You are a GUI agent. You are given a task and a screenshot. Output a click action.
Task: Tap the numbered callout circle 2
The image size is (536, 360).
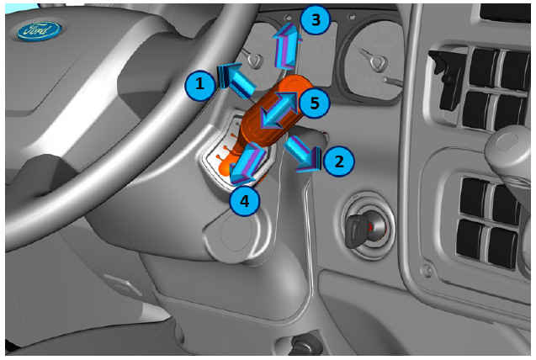pos(338,161)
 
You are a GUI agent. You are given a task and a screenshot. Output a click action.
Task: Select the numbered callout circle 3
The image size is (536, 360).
pos(316,19)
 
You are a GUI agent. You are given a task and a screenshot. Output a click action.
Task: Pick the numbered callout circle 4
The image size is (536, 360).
pos(245,201)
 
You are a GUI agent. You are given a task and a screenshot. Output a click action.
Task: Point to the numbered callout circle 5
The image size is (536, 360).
pos(314,103)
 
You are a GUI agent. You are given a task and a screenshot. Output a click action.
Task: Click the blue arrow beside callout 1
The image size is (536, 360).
pos(236,79)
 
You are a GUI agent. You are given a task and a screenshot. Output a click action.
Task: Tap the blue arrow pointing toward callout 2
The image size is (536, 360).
pos(303,153)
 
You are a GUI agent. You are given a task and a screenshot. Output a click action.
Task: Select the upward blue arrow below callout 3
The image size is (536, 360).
pos(288,45)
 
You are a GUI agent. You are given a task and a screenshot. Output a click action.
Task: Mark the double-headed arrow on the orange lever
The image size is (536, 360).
pos(279,110)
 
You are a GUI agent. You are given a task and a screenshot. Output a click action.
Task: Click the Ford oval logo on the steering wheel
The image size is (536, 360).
pos(40,31)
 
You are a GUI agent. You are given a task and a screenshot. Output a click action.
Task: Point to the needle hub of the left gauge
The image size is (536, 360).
pos(254,61)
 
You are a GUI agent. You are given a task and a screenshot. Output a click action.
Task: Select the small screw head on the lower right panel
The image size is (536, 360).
pos(427,271)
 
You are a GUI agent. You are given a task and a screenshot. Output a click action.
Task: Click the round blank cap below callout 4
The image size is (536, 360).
pos(236,235)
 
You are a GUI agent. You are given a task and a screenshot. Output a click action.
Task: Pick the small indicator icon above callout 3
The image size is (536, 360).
pos(289,18)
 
